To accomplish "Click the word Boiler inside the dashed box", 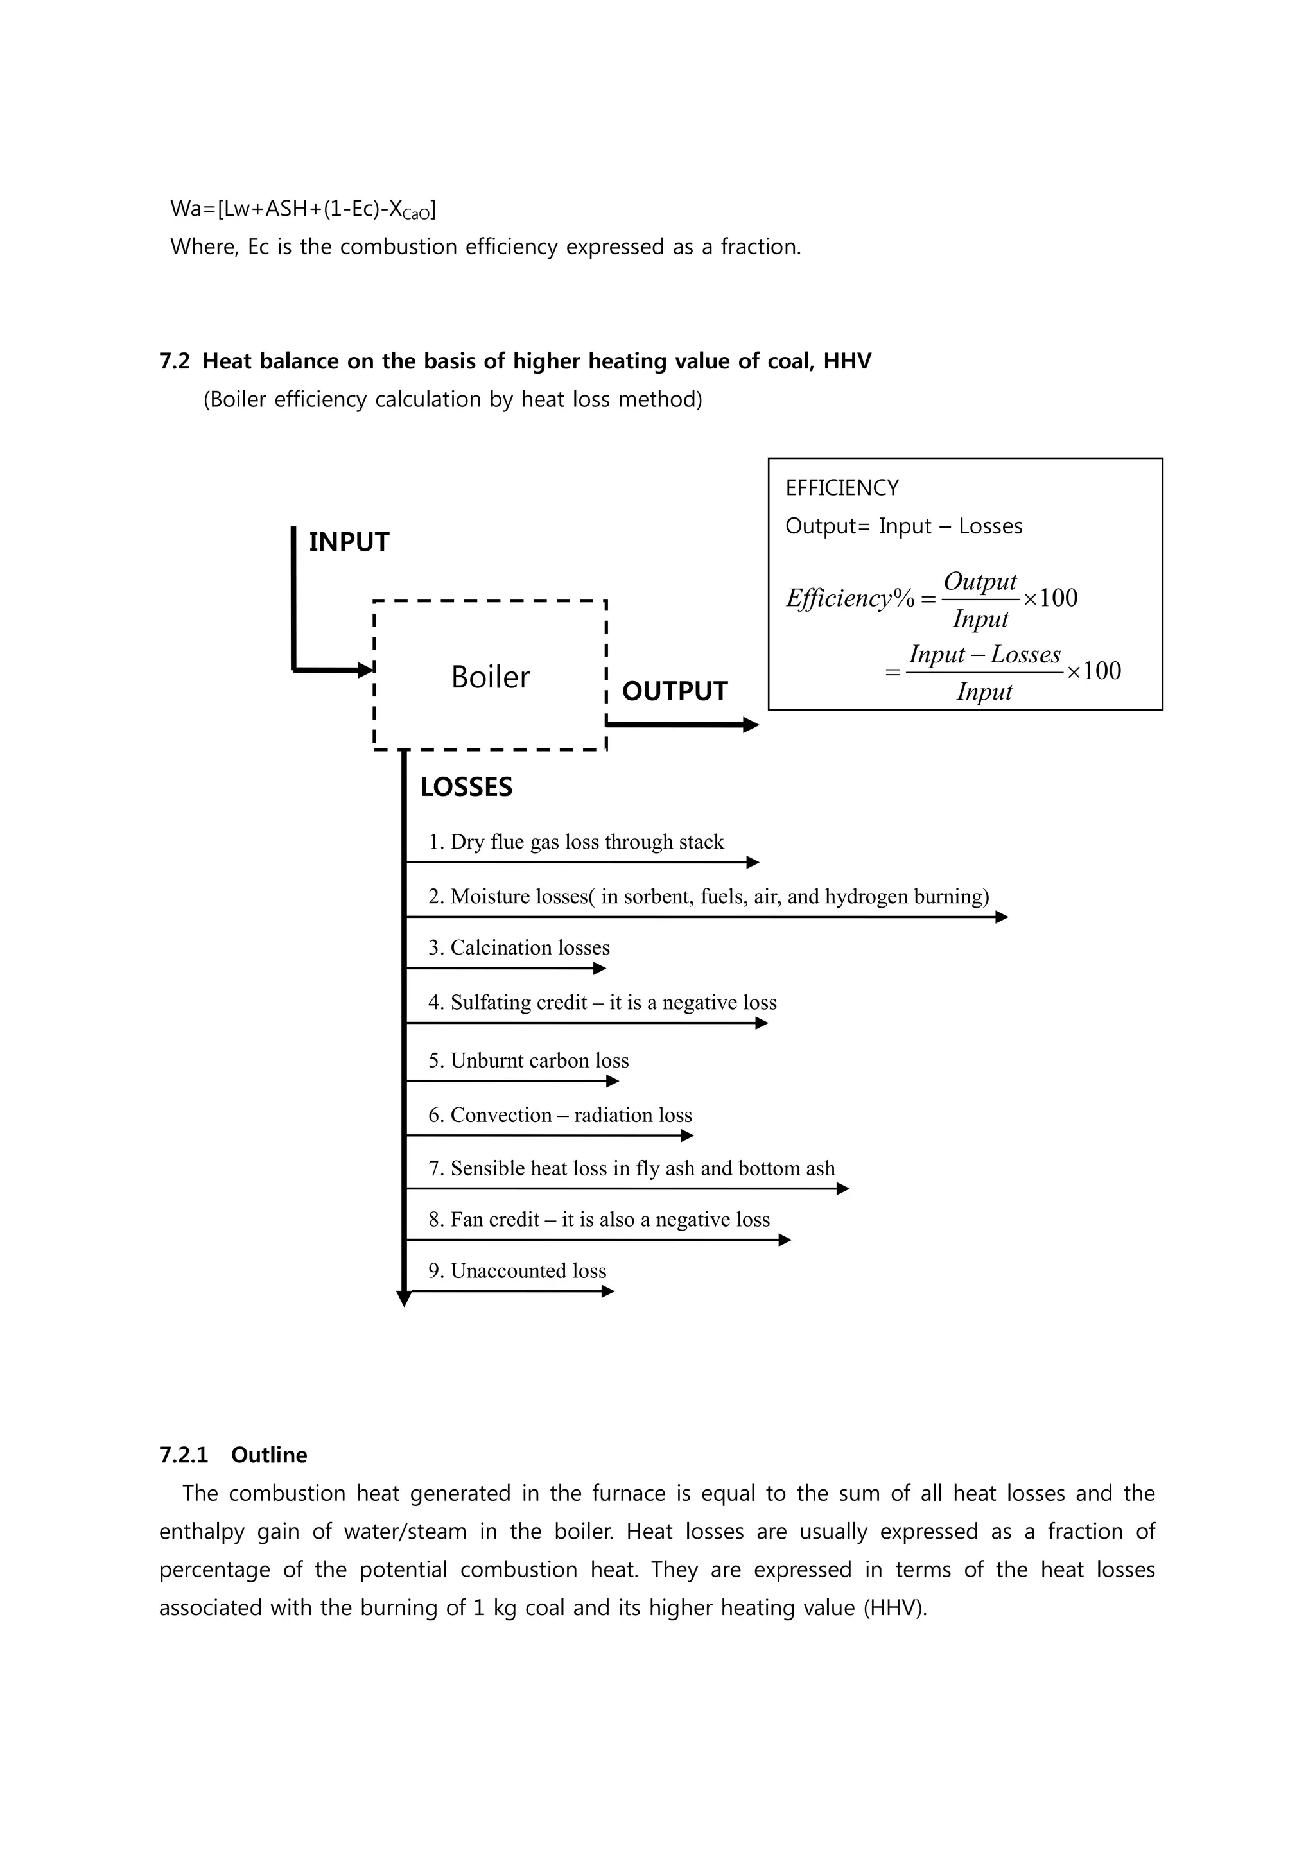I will tap(490, 677).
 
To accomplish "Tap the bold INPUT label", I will tap(349, 542).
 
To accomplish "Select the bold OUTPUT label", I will tap(674, 691).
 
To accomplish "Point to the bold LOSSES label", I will tap(466, 787).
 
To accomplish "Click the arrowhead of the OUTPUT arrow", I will tap(751, 725).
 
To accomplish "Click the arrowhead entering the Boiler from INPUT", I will tap(366, 670).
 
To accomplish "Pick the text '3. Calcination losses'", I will tap(519, 947).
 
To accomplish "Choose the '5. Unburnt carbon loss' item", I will tap(528, 1060).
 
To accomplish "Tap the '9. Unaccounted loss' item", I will tap(518, 1270).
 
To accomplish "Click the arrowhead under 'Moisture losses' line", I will tap(1002, 917).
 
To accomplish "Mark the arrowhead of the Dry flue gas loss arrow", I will tap(753, 862).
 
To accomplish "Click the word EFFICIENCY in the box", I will tap(842, 487).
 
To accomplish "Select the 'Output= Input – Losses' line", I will tap(903, 526).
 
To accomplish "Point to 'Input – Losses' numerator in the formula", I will tap(984, 654).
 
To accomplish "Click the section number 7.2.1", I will tap(184, 1455).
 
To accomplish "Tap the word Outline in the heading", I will tap(269, 1455).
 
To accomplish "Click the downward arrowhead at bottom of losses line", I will tap(404, 1299).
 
